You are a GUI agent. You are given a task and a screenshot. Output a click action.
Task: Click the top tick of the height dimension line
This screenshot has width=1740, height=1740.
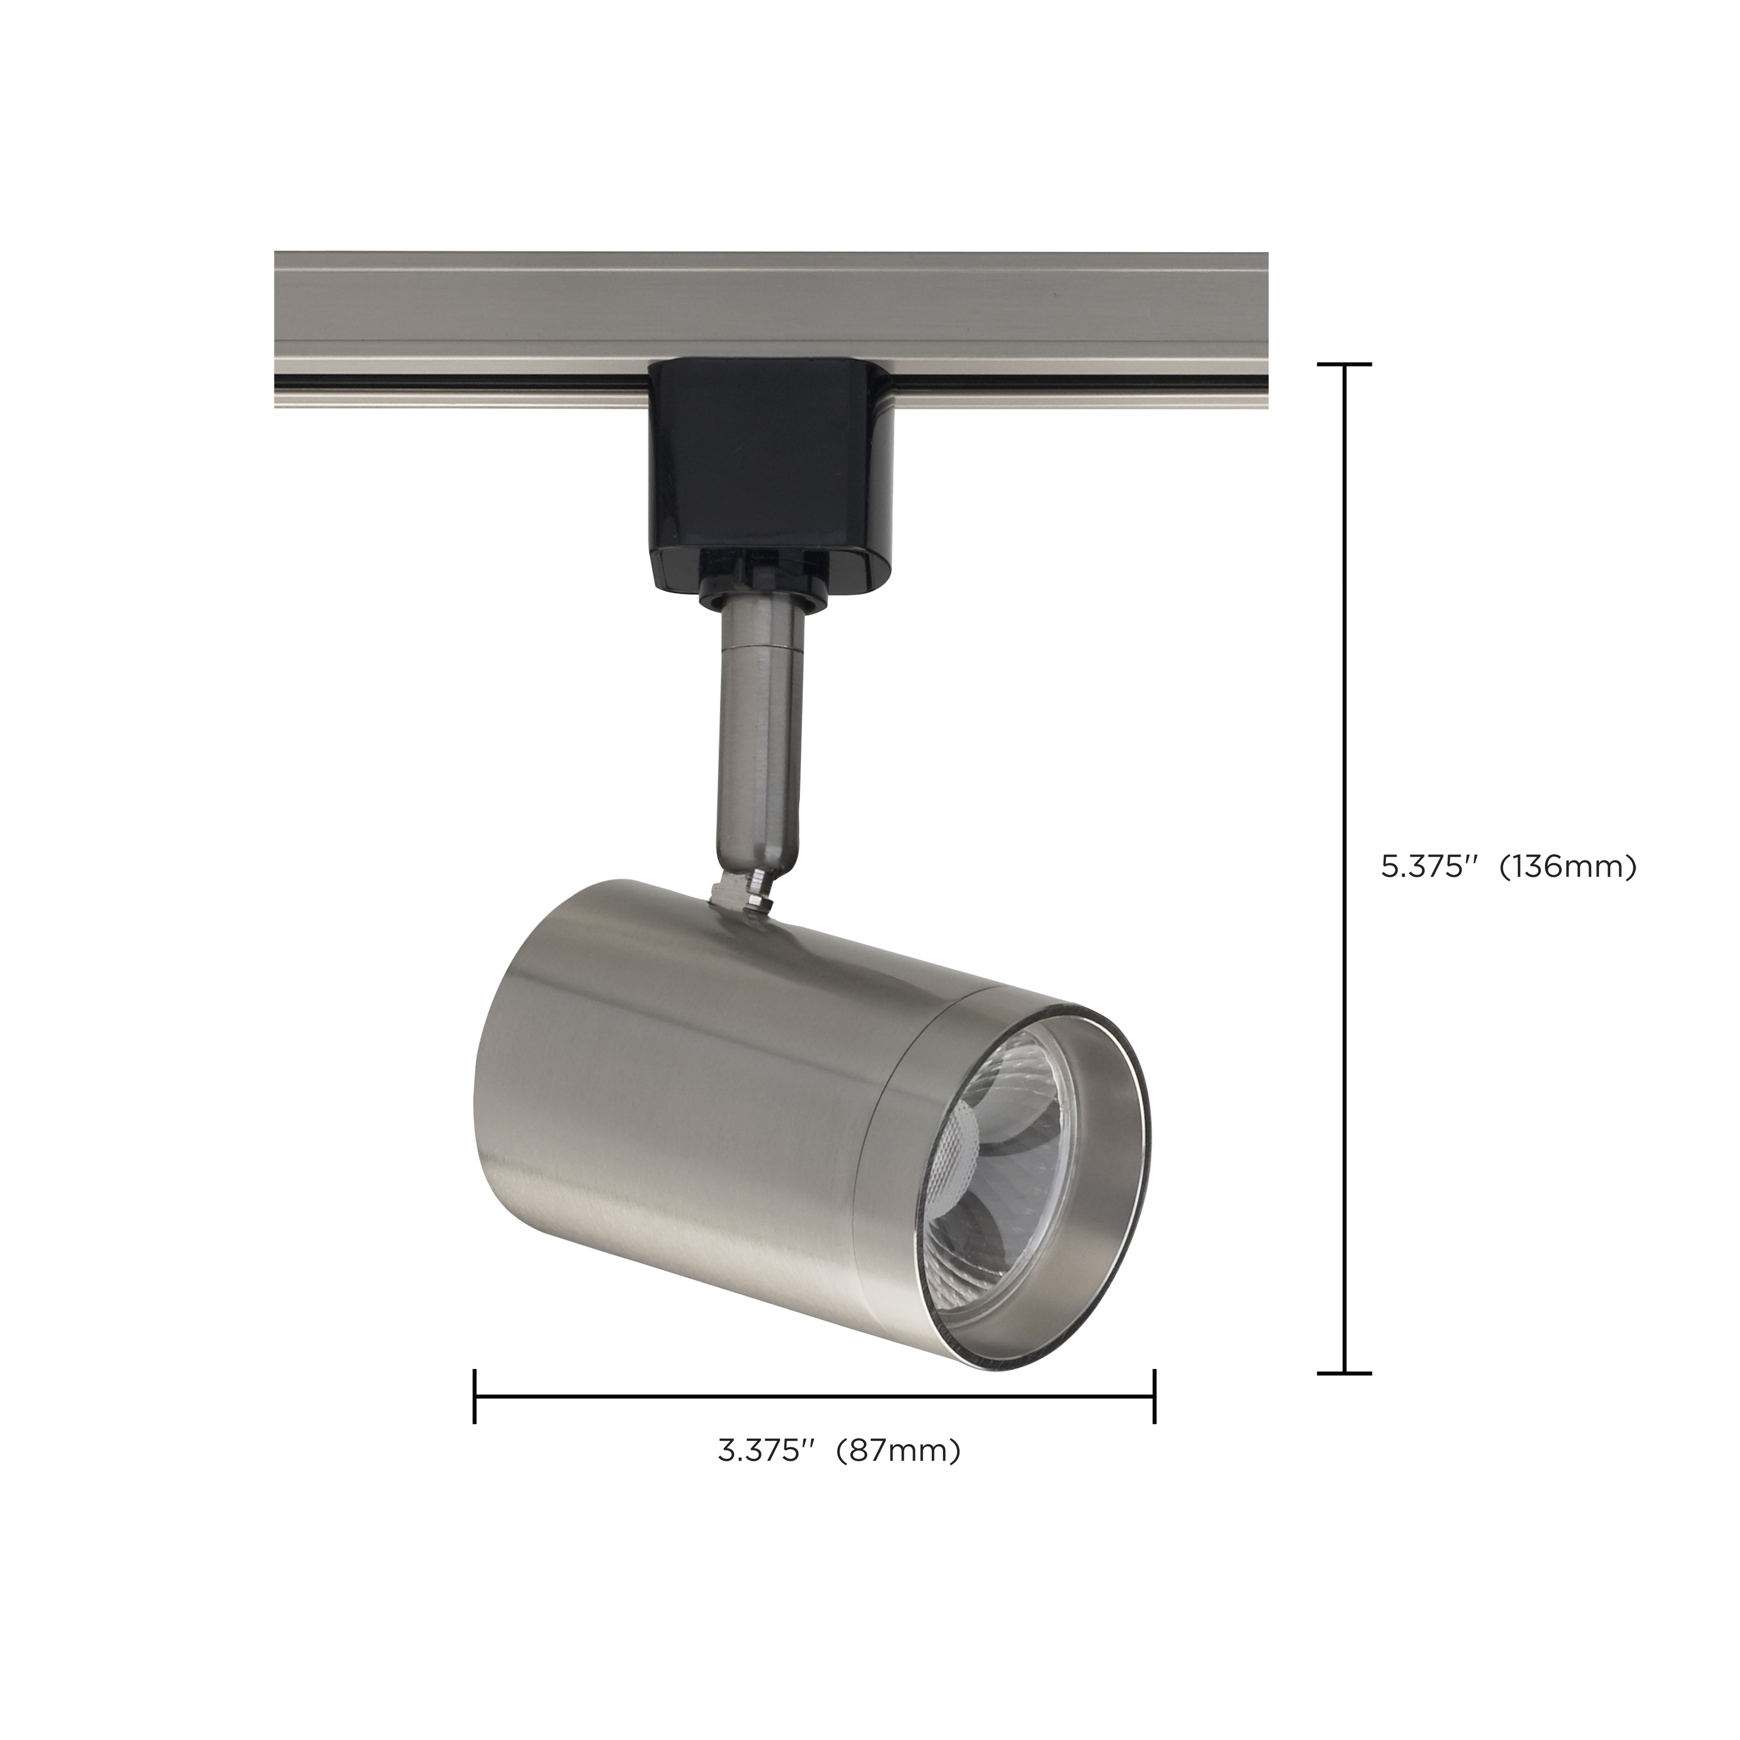(x=1345, y=365)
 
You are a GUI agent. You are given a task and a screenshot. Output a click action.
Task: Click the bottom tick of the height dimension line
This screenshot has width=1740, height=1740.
(x=1345, y=1373)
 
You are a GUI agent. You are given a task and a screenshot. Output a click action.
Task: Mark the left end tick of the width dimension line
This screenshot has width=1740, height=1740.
(x=475, y=1396)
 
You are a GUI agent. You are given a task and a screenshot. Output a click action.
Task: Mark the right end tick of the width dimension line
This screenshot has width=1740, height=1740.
(x=1153, y=1396)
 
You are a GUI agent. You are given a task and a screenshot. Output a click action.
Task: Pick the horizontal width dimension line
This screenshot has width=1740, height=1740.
(x=811, y=1396)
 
